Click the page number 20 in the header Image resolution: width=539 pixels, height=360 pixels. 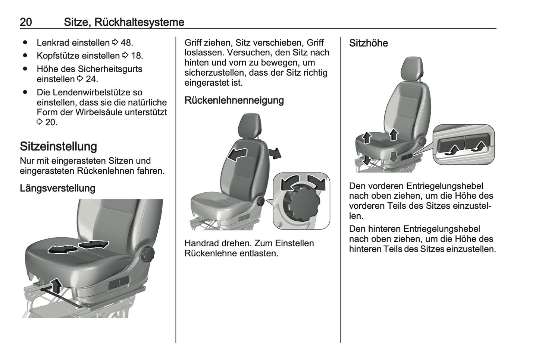[x=26, y=22]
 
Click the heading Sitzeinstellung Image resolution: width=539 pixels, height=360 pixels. [x=59, y=146]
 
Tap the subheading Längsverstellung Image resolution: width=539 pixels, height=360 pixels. [x=57, y=188]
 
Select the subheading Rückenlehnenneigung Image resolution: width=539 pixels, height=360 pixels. [x=234, y=100]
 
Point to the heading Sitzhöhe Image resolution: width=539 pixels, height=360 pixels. [x=369, y=43]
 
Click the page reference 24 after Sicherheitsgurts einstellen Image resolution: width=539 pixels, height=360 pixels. [x=91, y=79]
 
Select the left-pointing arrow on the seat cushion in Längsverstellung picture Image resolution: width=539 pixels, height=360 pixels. [x=63, y=249]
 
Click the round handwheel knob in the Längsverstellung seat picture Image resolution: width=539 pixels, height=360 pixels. [x=147, y=255]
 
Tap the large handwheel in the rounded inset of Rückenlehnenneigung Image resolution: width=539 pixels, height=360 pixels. [x=301, y=203]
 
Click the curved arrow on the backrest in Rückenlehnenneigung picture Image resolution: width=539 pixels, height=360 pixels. [x=237, y=155]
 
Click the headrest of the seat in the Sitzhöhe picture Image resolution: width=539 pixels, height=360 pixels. [x=412, y=69]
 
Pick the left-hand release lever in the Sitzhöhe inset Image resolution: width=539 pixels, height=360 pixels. [x=451, y=145]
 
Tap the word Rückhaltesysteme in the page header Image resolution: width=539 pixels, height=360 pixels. [x=140, y=22]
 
